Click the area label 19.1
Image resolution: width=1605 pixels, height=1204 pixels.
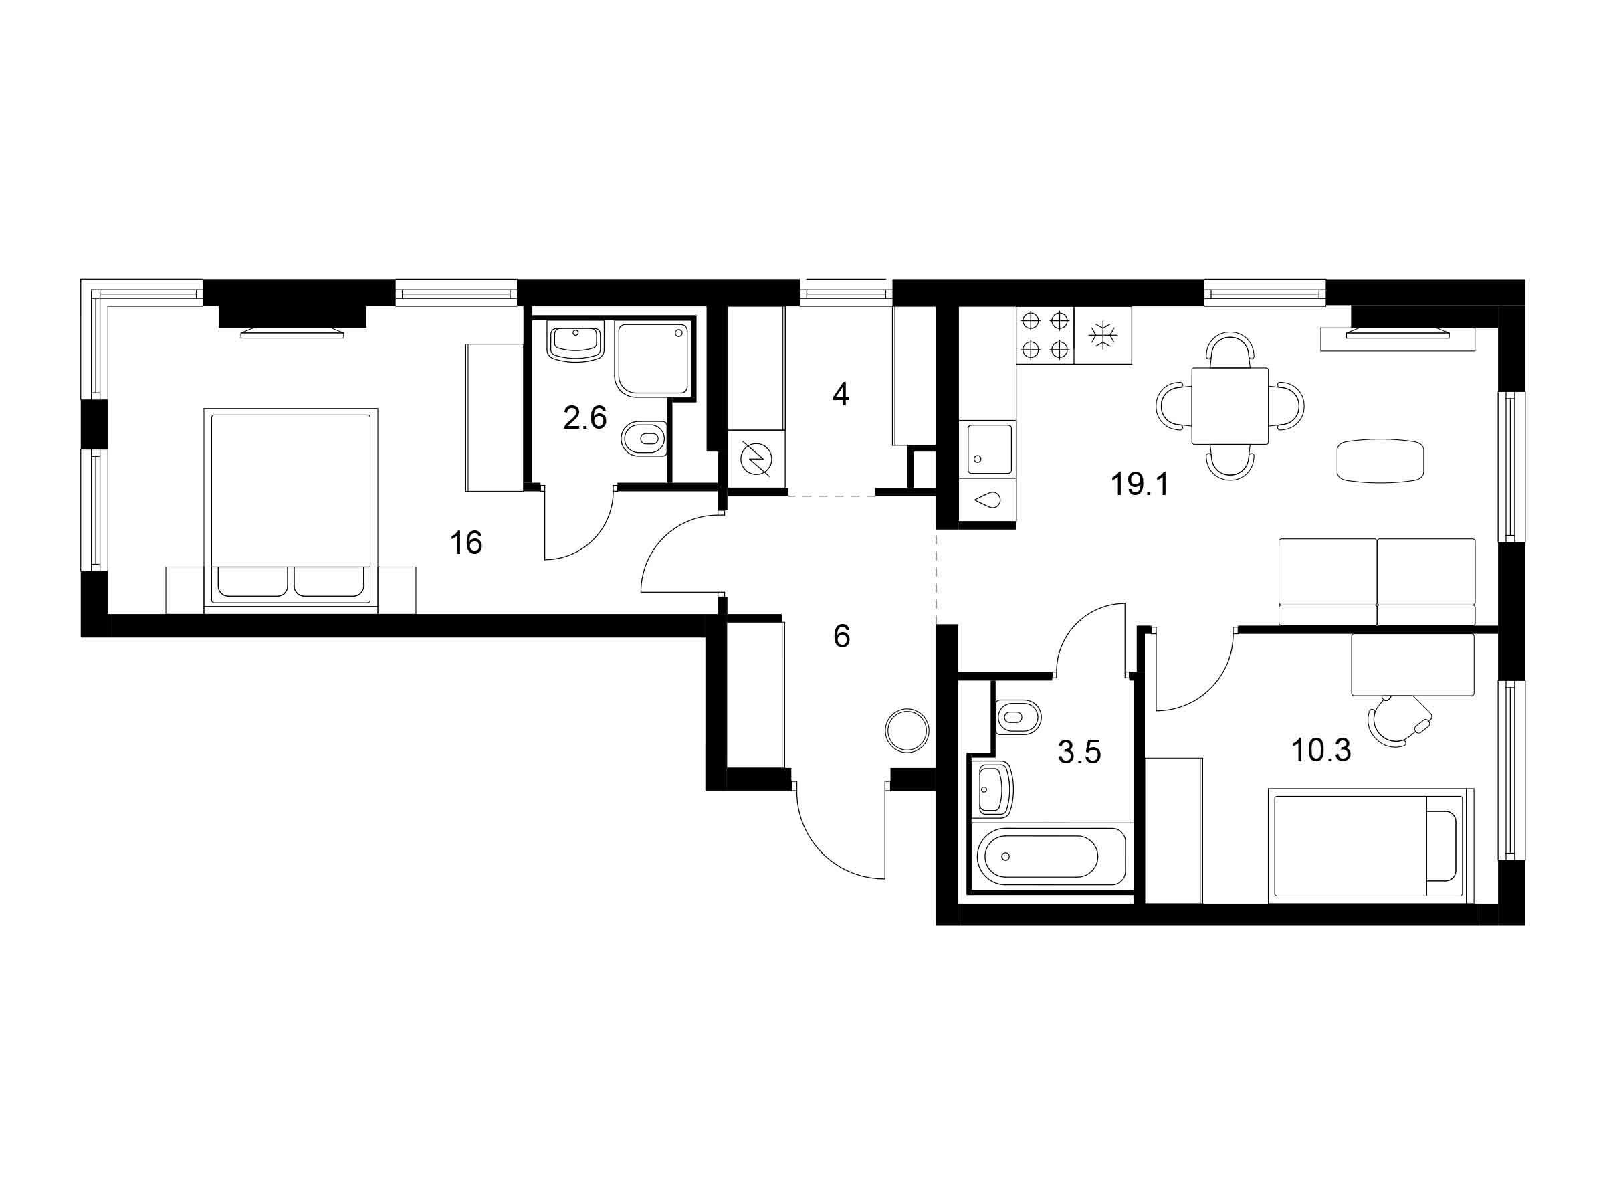[x=1140, y=484]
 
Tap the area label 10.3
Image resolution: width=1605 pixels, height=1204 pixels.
[x=1321, y=750]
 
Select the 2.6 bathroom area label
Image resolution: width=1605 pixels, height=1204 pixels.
[x=585, y=418]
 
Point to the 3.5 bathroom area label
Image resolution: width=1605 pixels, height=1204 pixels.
[x=1079, y=752]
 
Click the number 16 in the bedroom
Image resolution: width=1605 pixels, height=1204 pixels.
[x=466, y=543]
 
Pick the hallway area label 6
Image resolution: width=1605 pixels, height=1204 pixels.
[x=842, y=637]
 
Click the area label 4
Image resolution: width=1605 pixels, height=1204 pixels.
[x=840, y=395]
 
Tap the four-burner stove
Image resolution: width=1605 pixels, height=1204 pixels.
[x=1045, y=335]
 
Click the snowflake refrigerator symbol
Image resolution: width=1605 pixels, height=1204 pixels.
[x=1103, y=335]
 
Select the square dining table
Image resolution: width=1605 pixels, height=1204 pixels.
[x=1230, y=406]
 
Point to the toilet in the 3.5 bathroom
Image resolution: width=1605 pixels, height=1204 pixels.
[x=1019, y=718]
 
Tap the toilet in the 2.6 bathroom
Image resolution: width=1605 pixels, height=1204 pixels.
[x=644, y=438]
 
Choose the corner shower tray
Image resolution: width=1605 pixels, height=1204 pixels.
[x=653, y=359]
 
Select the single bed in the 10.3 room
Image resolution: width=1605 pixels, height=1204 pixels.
[x=1371, y=846]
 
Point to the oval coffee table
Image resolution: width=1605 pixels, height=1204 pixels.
[x=1381, y=460]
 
